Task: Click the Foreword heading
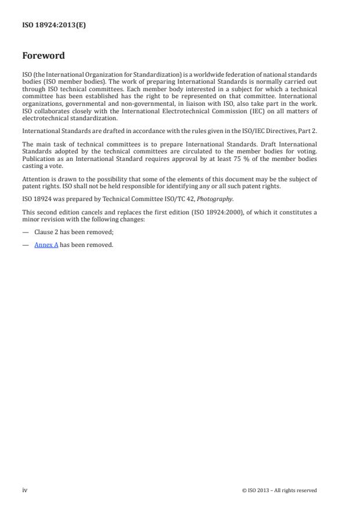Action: (x=43, y=56)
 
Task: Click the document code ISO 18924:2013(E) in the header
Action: (x=54, y=24)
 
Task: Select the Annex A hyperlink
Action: (x=46, y=245)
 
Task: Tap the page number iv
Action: (x=24, y=490)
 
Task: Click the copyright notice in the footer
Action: (x=279, y=490)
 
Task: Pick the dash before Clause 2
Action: (x=26, y=231)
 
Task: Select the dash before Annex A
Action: (x=26, y=245)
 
